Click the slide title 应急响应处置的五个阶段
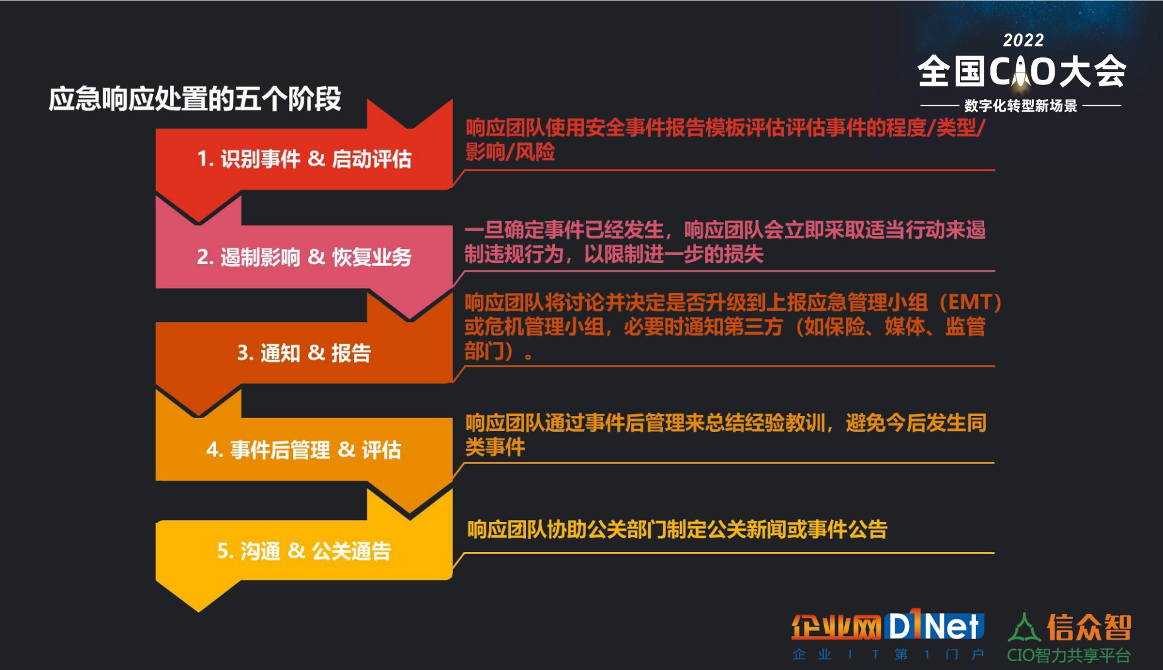pos(195,99)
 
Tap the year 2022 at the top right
pos(1023,40)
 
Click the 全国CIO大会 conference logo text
pos(1021,71)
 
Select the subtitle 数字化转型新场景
pos(1021,106)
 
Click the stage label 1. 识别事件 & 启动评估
pos(304,159)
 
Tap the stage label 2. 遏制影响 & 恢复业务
pos(304,257)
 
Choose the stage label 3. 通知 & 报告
pos(304,353)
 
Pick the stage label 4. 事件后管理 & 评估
pos(304,450)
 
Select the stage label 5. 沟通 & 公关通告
pos(304,551)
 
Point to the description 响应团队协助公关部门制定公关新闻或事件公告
pos(677,529)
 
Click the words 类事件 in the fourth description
pos(495,447)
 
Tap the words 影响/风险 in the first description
pos(510,152)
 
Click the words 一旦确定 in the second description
pos(505,230)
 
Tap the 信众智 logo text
pos(1089,628)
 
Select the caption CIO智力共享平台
pos(1068,656)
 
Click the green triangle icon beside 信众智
pos(1024,628)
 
